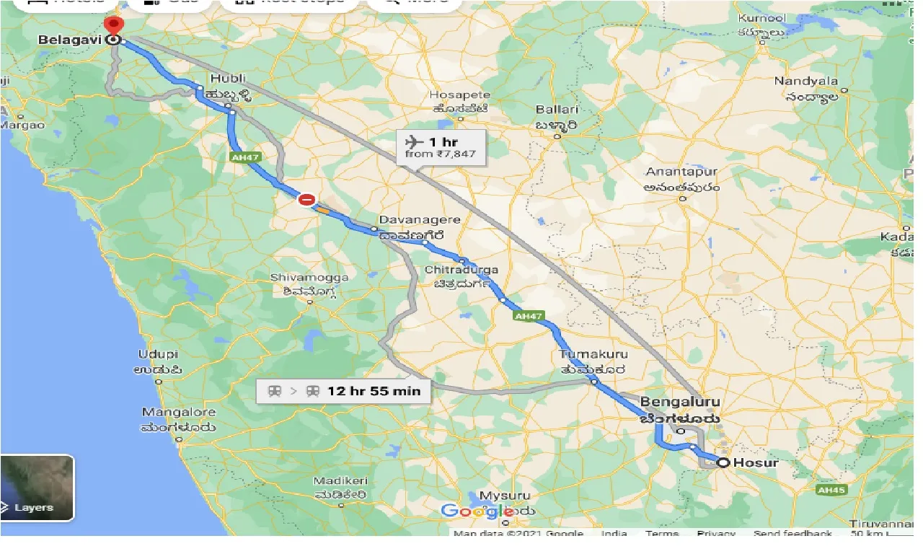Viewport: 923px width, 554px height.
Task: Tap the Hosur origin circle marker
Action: pyautogui.click(x=722, y=462)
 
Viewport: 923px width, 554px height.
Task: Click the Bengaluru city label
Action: pyautogui.click(x=680, y=402)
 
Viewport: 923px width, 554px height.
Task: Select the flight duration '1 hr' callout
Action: pyautogui.click(x=440, y=146)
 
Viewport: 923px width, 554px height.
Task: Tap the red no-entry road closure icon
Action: pyautogui.click(x=307, y=199)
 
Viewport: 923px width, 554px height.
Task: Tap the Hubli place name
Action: pyautogui.click(x=229, y=79)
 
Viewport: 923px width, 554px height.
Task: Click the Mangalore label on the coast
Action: pyautogui.click(x=179, y=413)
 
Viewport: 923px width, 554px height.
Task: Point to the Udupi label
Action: pyautogui.click(x=158, y=354)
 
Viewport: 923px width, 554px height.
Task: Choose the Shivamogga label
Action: pyautogui.click(x=309, y=278)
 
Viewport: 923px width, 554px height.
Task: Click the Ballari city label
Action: pyautogui.click(x=557, y=110)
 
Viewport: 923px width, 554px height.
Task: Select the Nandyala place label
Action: pyautogui.click(x=806, y=81)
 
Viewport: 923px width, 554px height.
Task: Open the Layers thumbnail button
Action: pyautogui.click(x=37, y=488)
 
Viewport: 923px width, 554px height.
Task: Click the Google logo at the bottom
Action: pyautogui.click(x=473, y=511)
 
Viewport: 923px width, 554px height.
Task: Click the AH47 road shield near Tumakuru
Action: pyautogui.click(x=528, y=316)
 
